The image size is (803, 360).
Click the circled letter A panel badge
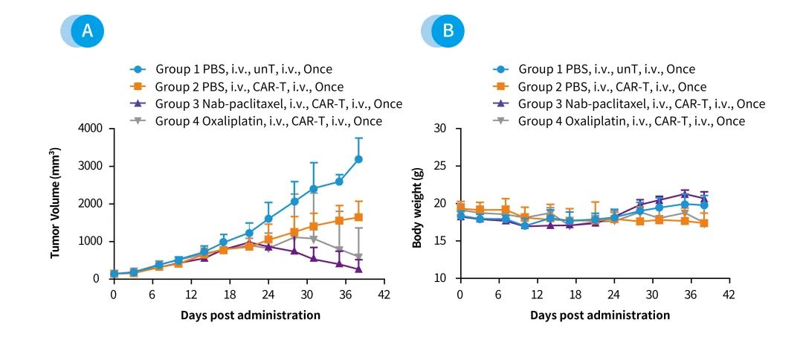tap(88, 31)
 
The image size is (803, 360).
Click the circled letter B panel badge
tap(448, 31)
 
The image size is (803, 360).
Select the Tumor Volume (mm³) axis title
tap(56, 203)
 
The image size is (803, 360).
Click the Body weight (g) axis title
tap(418, 203)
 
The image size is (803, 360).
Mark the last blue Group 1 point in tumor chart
tap(358, 159)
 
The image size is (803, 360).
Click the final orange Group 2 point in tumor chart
tap(358, 217)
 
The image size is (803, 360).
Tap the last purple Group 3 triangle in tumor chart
tap(358, 269)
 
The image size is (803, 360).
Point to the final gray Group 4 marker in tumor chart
tap(358, 257)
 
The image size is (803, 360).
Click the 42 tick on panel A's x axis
tap(384, 294)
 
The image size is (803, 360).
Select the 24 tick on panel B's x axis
tap(614, 294)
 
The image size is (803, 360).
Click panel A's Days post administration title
tap(251, 315)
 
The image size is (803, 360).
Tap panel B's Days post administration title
tap(600, 315)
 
